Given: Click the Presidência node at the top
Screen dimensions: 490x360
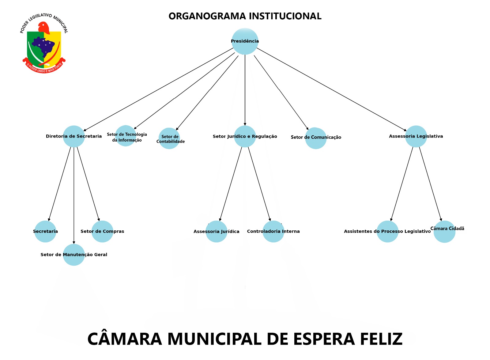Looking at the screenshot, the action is tap(245, 41).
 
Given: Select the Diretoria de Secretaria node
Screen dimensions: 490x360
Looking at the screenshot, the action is tap(74, 136).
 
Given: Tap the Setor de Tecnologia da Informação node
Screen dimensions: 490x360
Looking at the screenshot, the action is tap(126, 136).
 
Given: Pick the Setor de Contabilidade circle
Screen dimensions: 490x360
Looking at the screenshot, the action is tap(169, 138).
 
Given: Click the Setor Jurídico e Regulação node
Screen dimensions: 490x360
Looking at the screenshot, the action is tap(245, 136).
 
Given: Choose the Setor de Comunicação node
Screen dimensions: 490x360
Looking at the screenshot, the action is tap(316, 138).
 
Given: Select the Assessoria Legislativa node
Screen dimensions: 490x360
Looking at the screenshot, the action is tap(416, 136).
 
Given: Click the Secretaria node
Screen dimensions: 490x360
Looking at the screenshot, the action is tap(45, 231).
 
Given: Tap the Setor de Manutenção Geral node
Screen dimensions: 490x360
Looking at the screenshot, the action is tap(74, 255).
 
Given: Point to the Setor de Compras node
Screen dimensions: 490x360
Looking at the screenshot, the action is tap(102, 231).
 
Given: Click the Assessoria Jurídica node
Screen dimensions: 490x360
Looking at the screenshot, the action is tap(216, 231).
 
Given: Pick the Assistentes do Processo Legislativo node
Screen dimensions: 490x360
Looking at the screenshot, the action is tap(387, 231).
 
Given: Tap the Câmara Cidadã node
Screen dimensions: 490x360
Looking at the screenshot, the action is tap(444, 232).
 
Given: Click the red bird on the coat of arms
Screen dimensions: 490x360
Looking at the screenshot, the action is tap(44, 28).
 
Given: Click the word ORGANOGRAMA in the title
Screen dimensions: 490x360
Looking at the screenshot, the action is tap(207, 16).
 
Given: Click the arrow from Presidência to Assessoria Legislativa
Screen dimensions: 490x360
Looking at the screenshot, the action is tap(331, 89).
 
